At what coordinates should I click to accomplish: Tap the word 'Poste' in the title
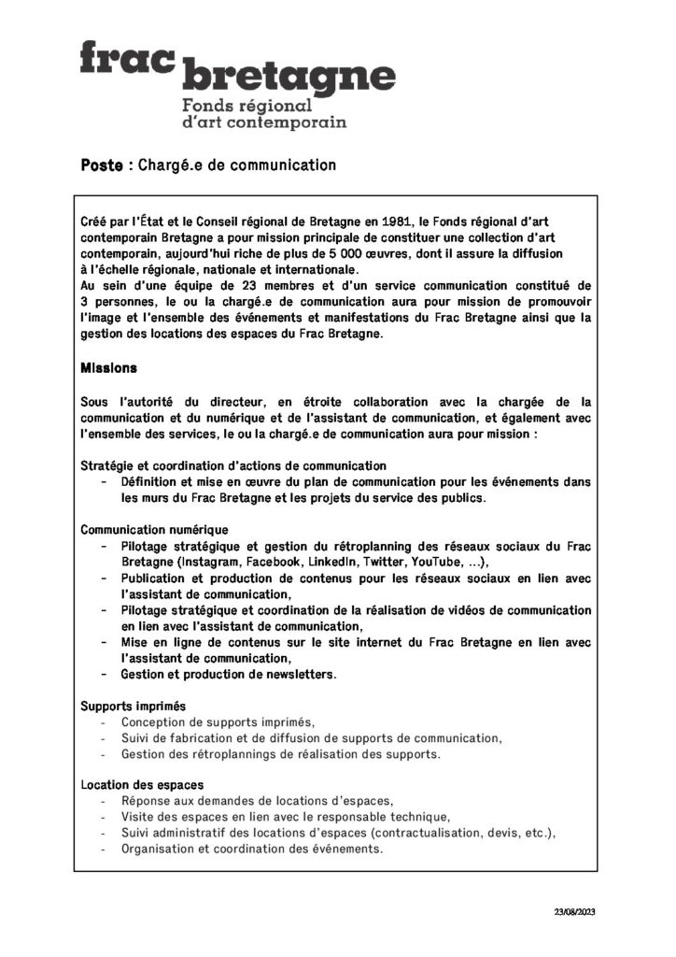tap(102, 165)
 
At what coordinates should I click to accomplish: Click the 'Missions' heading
tap(109, 368)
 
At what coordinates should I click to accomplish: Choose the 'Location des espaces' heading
tap(142, 785)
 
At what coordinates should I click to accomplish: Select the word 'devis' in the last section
tap(504, 833)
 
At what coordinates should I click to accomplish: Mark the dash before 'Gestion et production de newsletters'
tap(103, 674)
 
